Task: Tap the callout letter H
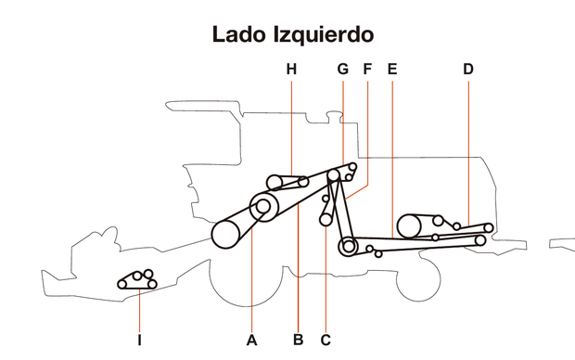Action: point(291,69)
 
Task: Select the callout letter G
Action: point(342,69)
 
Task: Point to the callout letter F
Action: point(367,69)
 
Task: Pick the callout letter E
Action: point(392,69)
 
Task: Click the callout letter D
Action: point(467,69)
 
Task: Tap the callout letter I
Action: point(139,340)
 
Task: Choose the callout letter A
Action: point(251,340)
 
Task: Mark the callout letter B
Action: point(298,340)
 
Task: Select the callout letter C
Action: point(326,340)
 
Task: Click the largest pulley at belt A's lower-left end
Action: point(227,234)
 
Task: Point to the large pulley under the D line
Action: point(409,225)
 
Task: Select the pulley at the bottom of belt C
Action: point(325,220)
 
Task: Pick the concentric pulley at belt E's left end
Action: point(348,247)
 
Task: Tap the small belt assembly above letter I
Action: point(137,280)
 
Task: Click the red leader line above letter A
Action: point(251,278)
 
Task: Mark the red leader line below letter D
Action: point(467,148)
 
